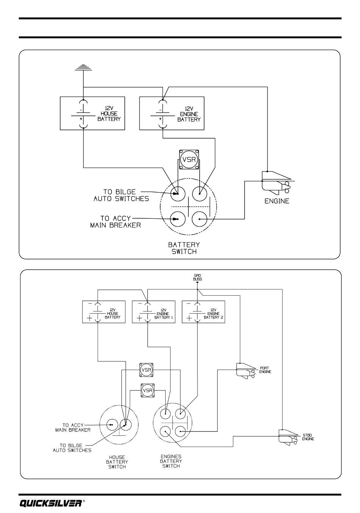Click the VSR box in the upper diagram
(x=189, y=159)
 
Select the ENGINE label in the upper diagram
(x=277, y=201)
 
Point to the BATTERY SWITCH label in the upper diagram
(x=184, y=248)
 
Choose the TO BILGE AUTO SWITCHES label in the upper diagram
(x=121, y=195)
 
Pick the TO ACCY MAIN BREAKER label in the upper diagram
(x=116, y=222)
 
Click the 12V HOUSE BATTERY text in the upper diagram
(x=109, y=114)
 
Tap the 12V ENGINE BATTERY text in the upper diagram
(x=189, y=114)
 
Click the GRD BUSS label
(x=198, y=277)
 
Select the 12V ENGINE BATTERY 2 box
(x=203, y=312)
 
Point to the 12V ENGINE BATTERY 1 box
(x=153, y=312)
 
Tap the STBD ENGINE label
(x=308, y=437)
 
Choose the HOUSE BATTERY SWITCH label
(x=117, y=462)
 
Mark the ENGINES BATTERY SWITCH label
(x=171, y=461)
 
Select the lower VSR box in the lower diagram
(x=147, y=390)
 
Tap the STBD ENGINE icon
(x=288, y=437)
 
